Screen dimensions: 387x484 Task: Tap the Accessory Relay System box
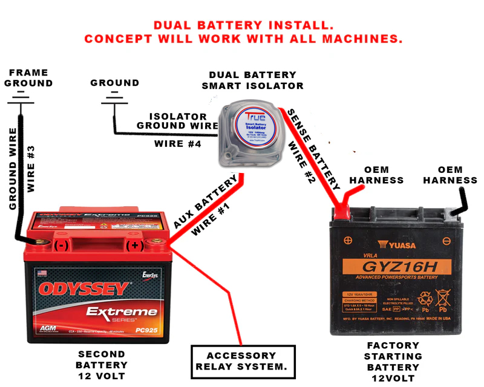point(243,362)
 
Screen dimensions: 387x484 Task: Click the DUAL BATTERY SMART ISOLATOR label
point(252,80)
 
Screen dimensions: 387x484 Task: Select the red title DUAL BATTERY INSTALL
point(243,26)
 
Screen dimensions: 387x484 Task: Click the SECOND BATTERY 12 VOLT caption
point(101,365)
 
